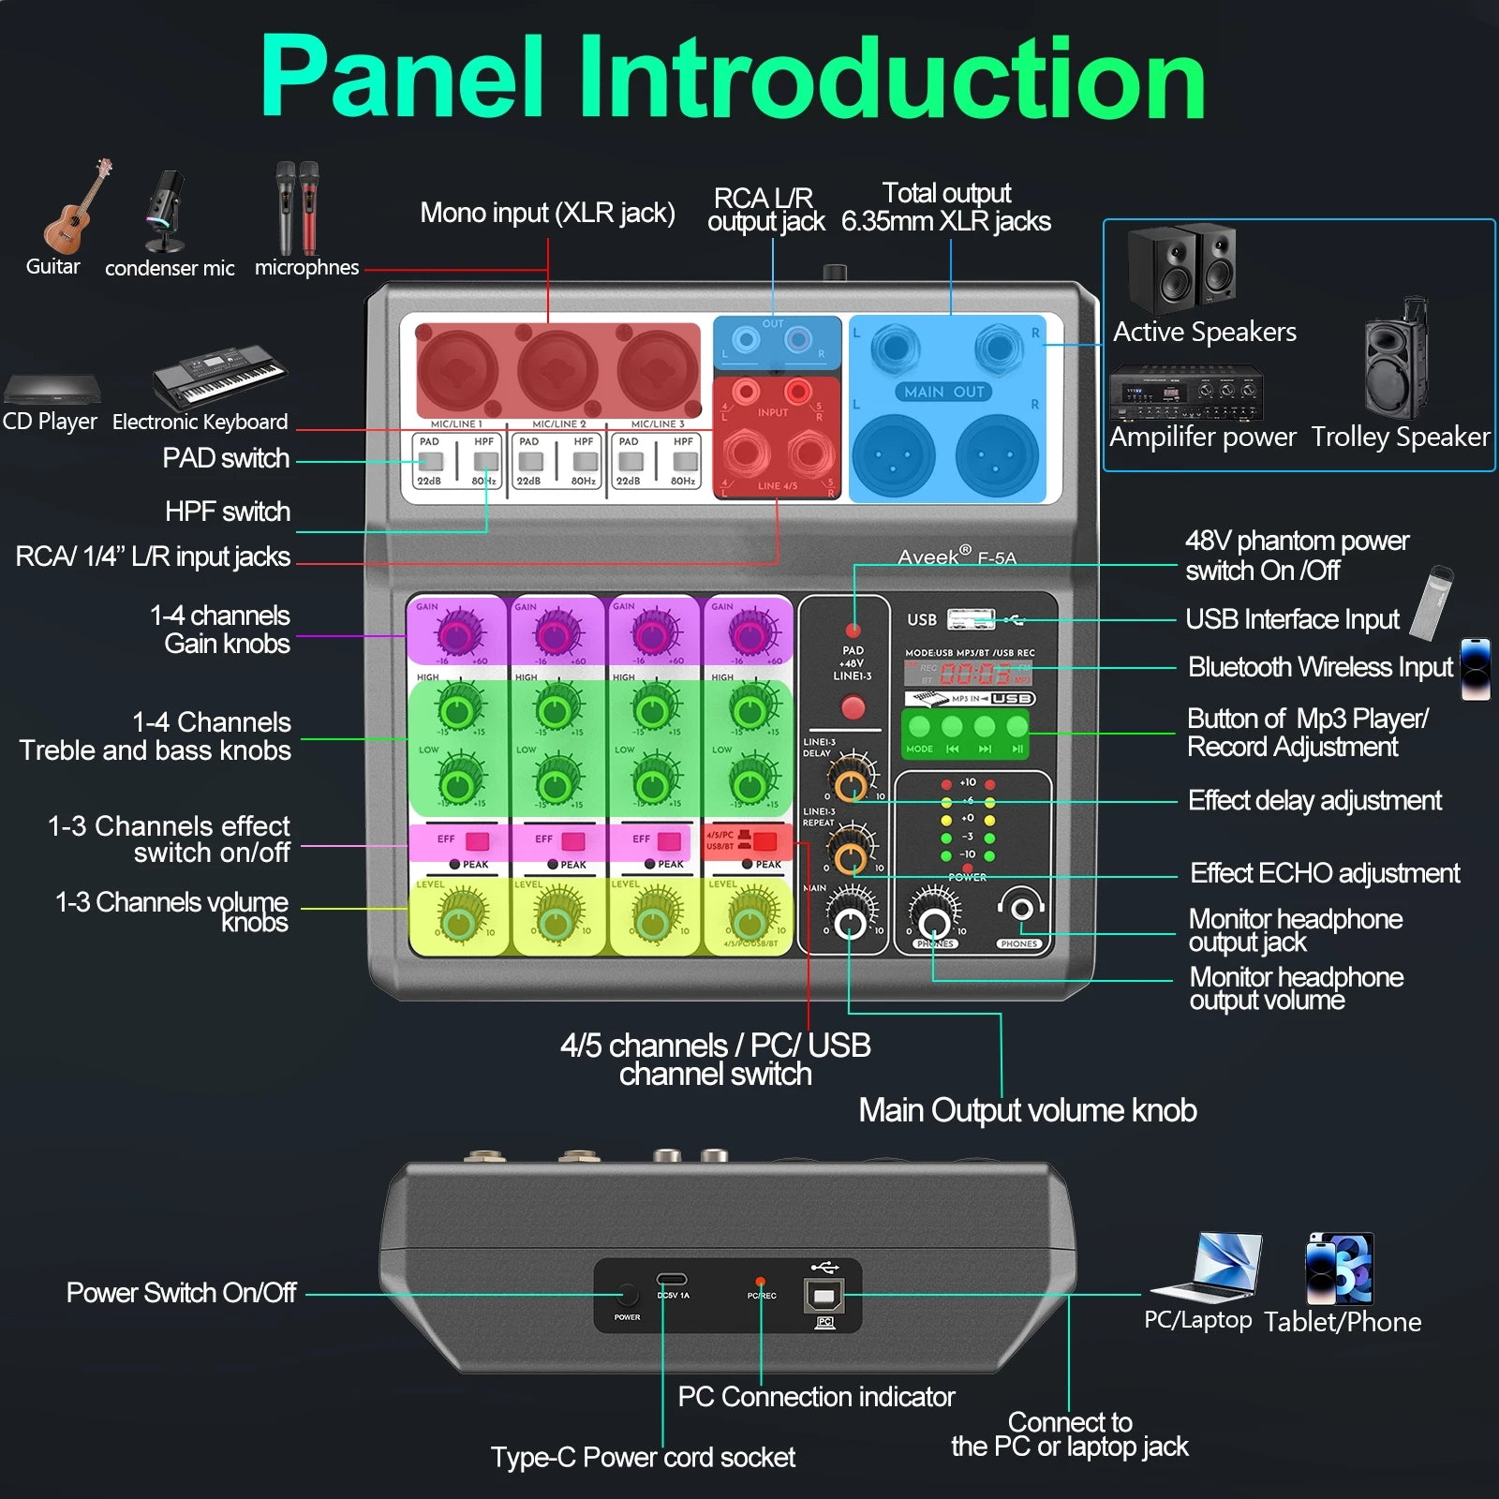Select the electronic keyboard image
pos(219,376)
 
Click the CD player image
pos(50,388)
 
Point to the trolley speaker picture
pos(1396,360)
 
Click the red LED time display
pos(974,673)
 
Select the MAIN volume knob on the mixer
pos(850,924)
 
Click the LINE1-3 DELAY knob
pos(851,783)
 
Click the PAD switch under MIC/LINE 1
pos(430,461)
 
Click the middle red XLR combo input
pos(558,368)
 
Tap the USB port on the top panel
pos(971,618)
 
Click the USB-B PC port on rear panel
pos(824,1296)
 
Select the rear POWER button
pos(627,1296)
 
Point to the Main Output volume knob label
pos(1027,1110)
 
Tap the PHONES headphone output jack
pos(1020,909)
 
